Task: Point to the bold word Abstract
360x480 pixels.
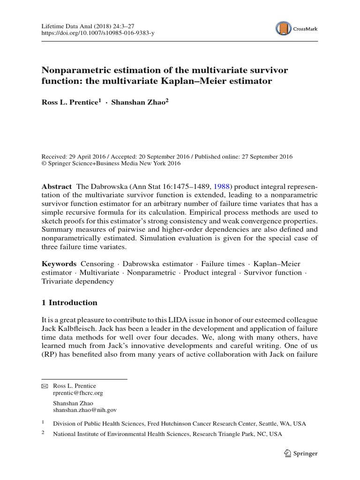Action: point(57,186)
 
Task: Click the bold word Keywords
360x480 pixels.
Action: point(59,264)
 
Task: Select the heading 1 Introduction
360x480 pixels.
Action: point(70,302)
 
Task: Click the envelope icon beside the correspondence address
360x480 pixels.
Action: point(45,385)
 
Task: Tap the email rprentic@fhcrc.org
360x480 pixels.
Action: point(78,393)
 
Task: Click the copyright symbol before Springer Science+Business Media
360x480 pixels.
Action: point(45,164)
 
